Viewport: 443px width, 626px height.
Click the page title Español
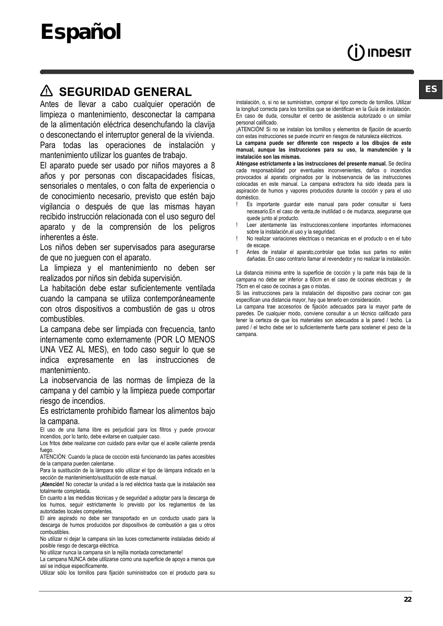pyautogui.click(x=81, y=32)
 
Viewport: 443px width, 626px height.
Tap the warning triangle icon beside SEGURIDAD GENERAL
pyautogui.click(x=46, y=92)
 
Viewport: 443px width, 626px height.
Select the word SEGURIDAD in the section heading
pyautogui.click(x=94, y=92)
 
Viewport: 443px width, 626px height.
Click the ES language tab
pyautogui.click(x=431, y=89)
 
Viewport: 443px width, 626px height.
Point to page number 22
pyautogui.click(x=407, y=600)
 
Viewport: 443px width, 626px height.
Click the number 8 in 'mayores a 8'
pyautogui.click(x=213, y=166)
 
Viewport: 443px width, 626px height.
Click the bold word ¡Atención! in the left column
pyautogui.click(x=52, y=484)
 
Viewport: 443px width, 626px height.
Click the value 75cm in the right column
pyautogui.click(x=243, y=286)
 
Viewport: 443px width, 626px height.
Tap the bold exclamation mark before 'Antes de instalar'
pyautogui.click(x=237, y=252)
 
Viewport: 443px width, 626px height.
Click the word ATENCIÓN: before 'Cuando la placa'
pyautogui.click(x=53, y=457)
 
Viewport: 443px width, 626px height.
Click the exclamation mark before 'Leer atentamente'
pyautogui.click(x=237, y=225)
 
